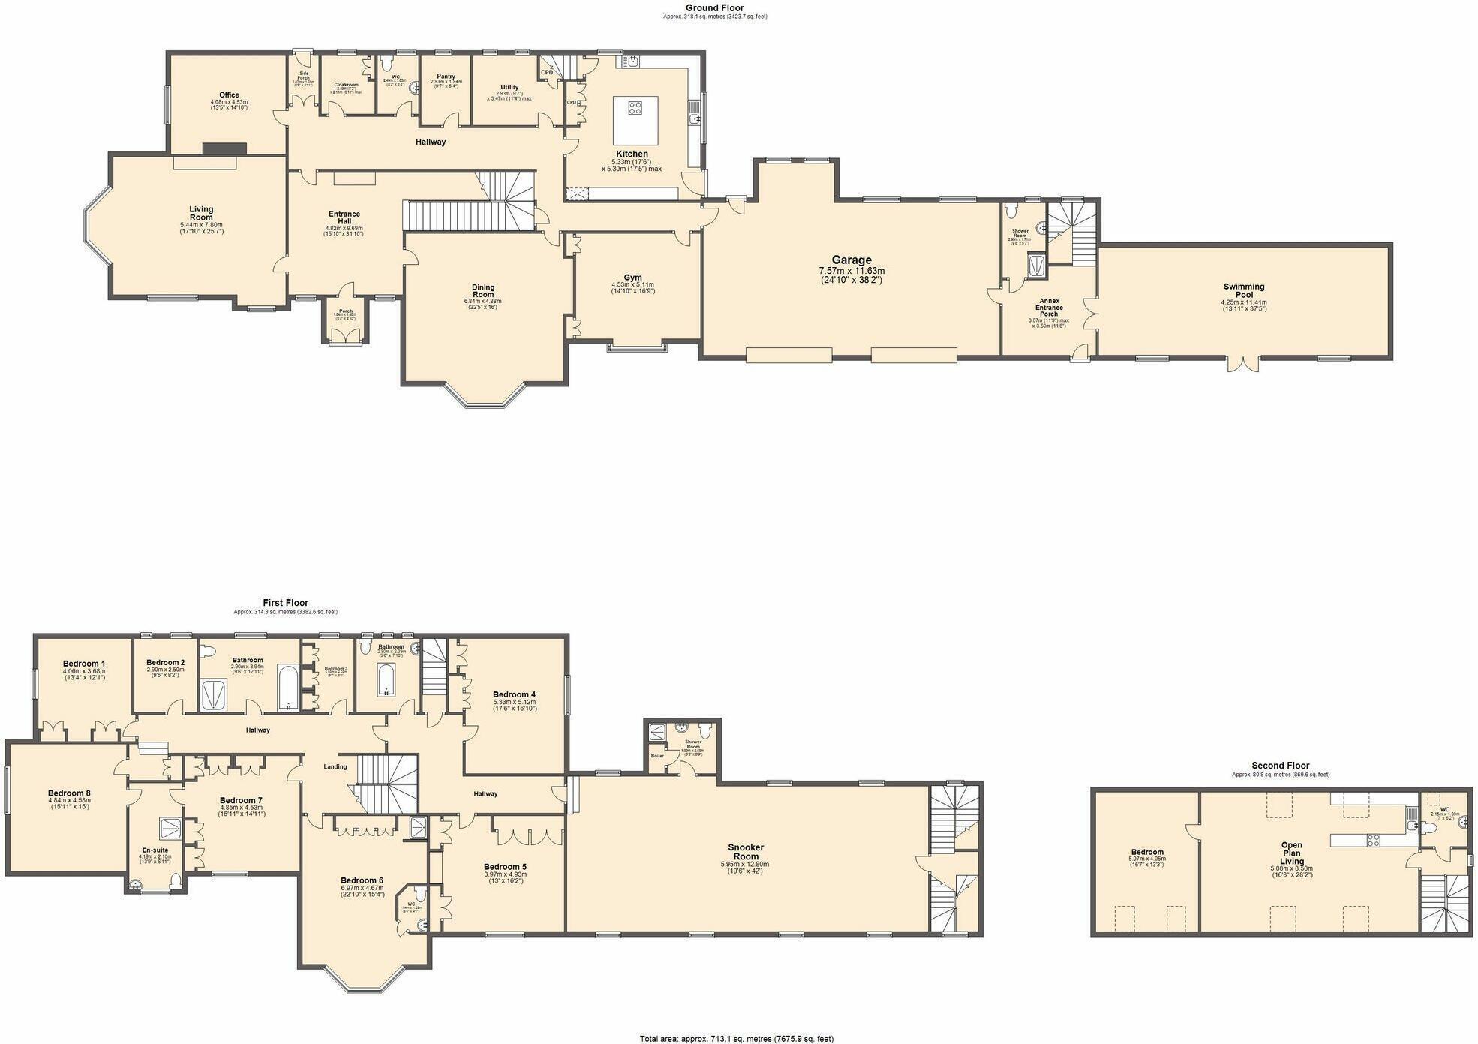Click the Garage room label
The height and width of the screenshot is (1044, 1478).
[x=851, y=261]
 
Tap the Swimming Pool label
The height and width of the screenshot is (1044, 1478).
[x=1243, y=290]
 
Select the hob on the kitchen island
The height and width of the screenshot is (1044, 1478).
[x=635, y=108]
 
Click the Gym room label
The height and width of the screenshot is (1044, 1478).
[x=632, y=277]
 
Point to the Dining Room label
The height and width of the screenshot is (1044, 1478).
[x=483, y=291]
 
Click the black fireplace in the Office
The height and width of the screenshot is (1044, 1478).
[x=224, y=148]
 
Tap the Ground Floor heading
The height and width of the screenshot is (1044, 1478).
[x=714, y=8]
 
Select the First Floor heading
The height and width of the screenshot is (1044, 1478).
[x=285, y=603]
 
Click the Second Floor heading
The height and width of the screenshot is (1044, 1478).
[x=1280, y=766]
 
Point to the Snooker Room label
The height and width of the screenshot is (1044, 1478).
[x=745, y=852]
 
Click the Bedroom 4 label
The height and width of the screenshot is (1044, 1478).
[x=514, y=695]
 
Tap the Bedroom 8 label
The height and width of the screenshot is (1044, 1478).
[x=69, y=793]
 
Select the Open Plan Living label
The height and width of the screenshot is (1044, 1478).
[x=1292, y=853]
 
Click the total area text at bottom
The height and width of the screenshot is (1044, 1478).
[x=736, y=1039]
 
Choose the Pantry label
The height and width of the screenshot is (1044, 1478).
[x=446, y=76]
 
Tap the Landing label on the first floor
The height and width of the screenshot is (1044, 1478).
[x=335, y=766]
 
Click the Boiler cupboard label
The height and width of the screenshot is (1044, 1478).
[x=657, y=756]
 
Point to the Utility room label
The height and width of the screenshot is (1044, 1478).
[x=509, y=88]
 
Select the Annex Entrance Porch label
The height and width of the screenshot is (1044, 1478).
[x=1048, y=307]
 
